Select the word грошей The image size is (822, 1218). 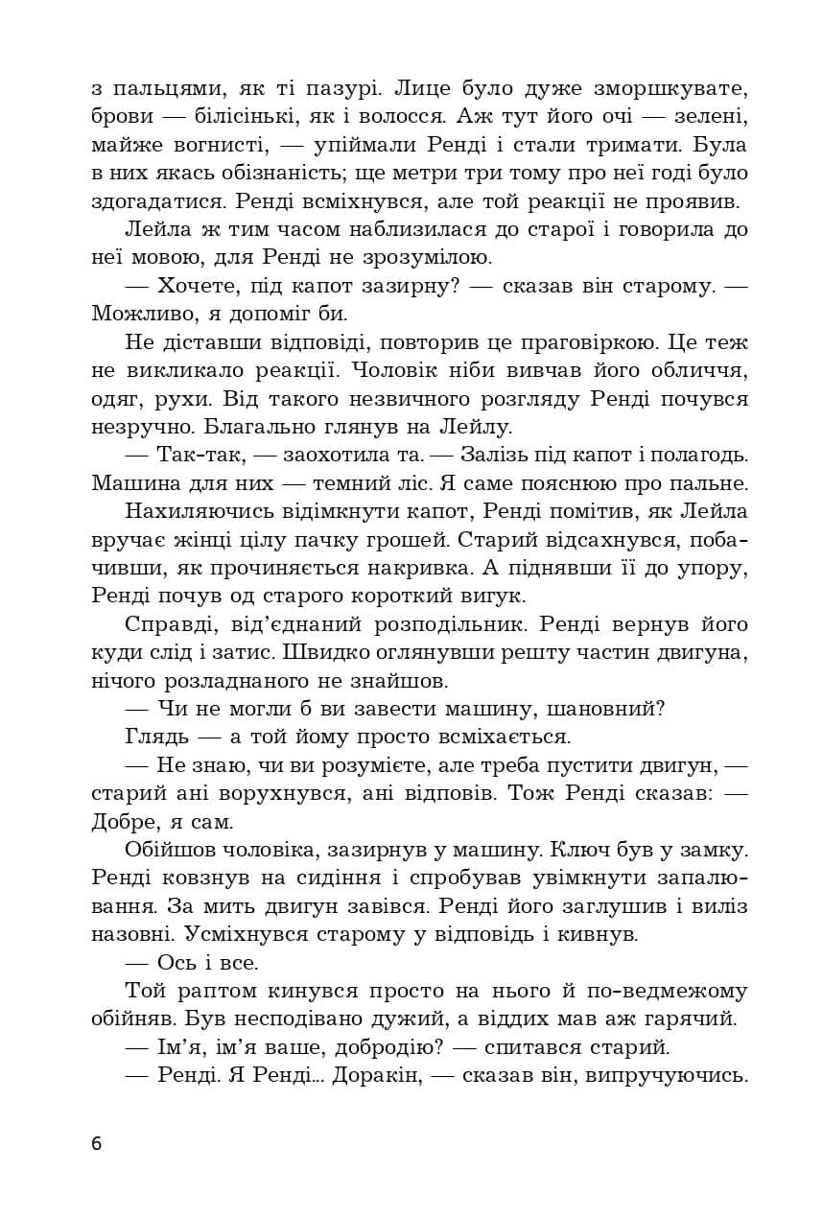pyautogui.click(x=394, y=538)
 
